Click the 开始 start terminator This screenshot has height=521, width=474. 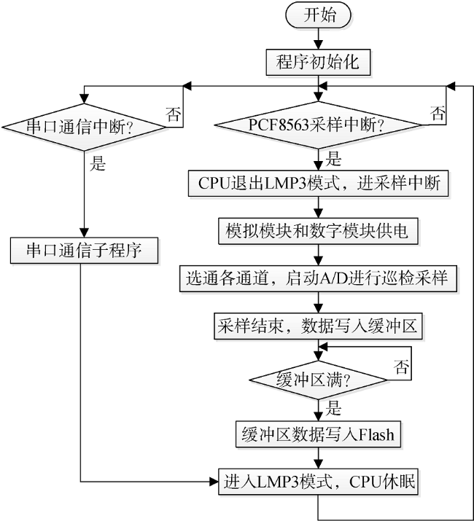(318, 15)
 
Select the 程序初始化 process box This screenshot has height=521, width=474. (318, 62)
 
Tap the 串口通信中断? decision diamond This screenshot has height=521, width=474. (83, 127)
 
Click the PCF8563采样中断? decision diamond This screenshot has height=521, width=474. (319, 125)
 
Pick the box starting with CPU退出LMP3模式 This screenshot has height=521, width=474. (319, 184)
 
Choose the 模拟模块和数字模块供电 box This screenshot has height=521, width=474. (319, 231)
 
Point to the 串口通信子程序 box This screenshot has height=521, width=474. (84, 251)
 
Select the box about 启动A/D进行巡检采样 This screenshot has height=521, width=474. (319, 278)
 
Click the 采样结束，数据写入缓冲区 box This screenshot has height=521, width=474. (319, 326)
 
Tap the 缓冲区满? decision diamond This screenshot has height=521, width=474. (319, 380)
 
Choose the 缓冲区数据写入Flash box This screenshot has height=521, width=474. (319, 434)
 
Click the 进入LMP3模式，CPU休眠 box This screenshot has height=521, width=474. (319, 482)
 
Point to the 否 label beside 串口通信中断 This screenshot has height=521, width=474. (174, 114)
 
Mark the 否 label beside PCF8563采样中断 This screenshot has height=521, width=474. (438, 113)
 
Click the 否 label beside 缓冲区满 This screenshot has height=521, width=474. (401, 367)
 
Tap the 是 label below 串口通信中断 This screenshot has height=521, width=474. (98, 164)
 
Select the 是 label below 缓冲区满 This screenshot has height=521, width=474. (333, 408)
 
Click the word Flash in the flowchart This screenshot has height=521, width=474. (376, 434)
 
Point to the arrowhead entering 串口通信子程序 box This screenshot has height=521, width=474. (84, 232)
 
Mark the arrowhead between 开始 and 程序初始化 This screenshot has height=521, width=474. (319, 45)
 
